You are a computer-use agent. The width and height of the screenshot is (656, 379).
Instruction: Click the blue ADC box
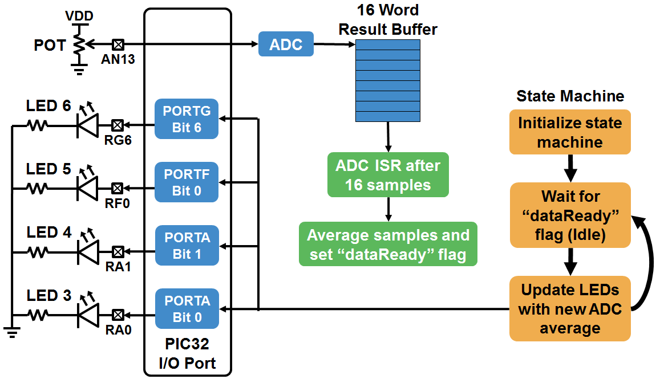(x=286, y=44)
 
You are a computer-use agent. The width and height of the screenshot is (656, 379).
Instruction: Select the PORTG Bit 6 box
(x=187, y=119)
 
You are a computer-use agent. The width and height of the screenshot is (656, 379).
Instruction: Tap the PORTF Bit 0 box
(x=187, y=182)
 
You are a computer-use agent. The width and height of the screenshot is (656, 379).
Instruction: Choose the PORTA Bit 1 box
(x=187, y=245)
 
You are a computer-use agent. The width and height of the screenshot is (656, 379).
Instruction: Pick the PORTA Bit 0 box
(x=187, y=308)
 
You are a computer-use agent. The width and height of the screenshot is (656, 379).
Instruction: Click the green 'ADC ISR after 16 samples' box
(x=388, y=175)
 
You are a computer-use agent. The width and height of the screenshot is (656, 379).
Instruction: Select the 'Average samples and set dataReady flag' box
(x=388, y=244)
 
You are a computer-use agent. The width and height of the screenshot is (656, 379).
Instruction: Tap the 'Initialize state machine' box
(x=570, y=132)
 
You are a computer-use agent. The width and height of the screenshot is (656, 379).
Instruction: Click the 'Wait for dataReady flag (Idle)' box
(x=570, y=215)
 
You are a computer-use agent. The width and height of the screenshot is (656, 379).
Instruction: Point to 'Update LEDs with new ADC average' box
(x=570, y=308)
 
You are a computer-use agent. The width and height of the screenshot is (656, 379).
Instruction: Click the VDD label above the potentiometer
(x=79, y=15)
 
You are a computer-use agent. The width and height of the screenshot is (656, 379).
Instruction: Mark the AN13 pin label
(x=118, y=58)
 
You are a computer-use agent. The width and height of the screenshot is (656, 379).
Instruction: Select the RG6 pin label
(x=118, y=140)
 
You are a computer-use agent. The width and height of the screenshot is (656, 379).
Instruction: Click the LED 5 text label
(x=48, y=169)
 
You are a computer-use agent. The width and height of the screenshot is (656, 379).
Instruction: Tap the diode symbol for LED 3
(x=87, y=314)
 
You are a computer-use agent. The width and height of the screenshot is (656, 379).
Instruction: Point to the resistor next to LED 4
(x=38, y=251)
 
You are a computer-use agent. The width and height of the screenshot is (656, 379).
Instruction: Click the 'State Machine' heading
(x=570, y=96)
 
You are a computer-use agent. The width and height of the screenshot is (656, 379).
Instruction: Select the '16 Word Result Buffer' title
(x=388, y=19)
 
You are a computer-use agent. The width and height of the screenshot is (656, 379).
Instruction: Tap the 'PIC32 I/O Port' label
(x=187, y=353)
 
